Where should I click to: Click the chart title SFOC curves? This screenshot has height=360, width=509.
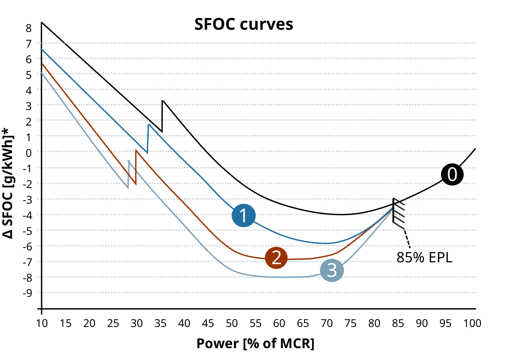click(244, 25)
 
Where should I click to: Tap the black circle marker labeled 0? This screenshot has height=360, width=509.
click(452, 174)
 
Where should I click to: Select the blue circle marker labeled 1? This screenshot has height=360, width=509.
click(243, 215)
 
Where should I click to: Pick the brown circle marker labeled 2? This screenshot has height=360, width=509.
click(276, 257)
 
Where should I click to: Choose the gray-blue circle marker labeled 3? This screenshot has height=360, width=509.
click(332, 270)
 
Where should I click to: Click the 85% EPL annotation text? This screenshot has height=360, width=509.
click(424, 257)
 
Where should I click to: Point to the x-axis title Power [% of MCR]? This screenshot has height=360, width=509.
click(255, 343)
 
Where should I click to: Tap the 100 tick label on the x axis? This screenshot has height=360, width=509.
click(472, 323)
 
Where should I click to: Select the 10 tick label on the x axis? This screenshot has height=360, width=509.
click(42, 323)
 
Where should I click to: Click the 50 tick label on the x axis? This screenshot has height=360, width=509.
click(231, 323)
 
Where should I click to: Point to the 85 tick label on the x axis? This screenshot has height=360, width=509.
click(398, 323)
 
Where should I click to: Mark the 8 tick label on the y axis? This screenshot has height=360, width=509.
click(29, 28)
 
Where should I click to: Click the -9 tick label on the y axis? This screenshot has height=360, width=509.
click(27, 293)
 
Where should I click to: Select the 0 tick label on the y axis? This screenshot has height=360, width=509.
click(29, 152)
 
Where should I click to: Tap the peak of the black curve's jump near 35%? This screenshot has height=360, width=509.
click(162, 100)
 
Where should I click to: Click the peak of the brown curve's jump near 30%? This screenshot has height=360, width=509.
click(136, 150)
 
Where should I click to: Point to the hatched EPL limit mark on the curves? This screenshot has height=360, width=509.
click(398, 213)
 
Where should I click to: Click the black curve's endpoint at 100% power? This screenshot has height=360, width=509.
click(475, 149)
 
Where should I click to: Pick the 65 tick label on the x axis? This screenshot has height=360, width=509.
click(303, 323)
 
